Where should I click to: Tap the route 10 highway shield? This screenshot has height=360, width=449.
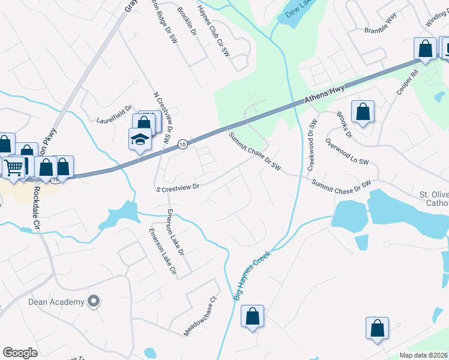(x=182, y=144)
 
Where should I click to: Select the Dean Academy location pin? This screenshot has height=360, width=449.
(x=94, y=301)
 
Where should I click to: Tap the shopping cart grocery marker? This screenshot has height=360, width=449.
(x=13, y=167)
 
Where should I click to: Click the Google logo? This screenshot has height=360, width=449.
(x=20, y=353)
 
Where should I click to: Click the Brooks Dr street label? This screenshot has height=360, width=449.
(x=343, y=124)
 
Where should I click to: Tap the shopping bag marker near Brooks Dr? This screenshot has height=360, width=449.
(x=363, y=112)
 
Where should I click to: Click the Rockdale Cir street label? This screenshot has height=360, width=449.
(x=35, y=207)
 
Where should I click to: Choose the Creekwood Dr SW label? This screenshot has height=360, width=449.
(x=313, y=145)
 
